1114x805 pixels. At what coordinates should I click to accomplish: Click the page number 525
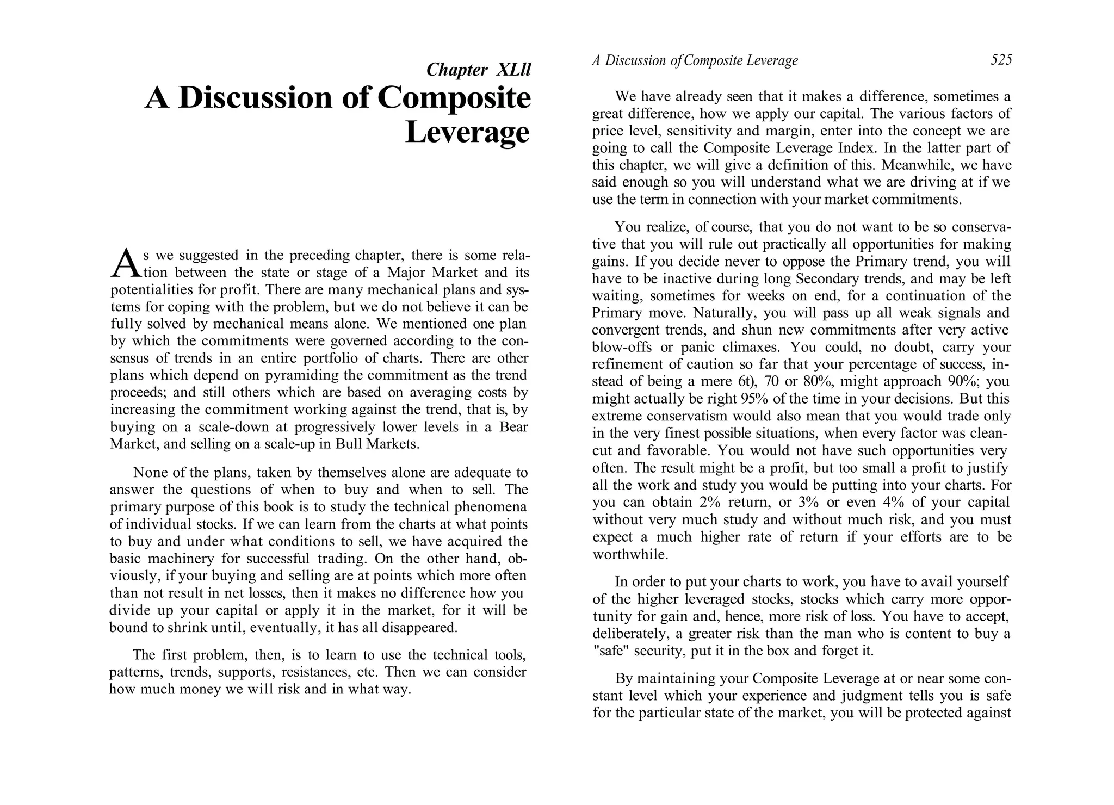pyautogui.click(x=1001, y=60)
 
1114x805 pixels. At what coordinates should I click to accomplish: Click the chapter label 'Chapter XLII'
pyautogui.click(x=478, y=70)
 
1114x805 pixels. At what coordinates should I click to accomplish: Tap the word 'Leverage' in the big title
pyautogui.click(x=467, y=132)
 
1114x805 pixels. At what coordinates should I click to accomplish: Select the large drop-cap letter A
pyautogui.click(x=124, y=263)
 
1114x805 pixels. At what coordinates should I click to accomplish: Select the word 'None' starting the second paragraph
pyautogui.click(x=150, y=472)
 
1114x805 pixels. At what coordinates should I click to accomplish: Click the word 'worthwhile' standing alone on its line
pyautogui.click(x=630, y=554)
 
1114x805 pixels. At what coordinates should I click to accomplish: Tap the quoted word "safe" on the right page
pyautogui.click(x=608, y=651)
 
